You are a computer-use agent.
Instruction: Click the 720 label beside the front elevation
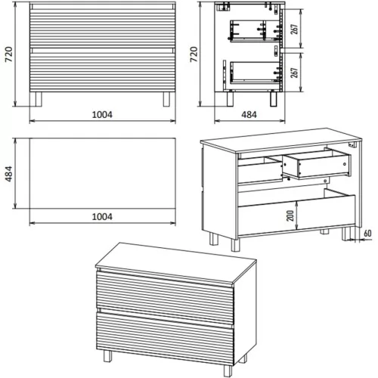(9, 54)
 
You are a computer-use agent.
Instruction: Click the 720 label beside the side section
(194, 54)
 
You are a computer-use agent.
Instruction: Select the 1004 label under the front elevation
(102, 115)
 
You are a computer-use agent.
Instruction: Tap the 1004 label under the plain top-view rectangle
(102, 217)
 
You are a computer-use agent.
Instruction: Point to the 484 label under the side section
(249, 115)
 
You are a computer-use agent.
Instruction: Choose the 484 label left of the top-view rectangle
(9, 174)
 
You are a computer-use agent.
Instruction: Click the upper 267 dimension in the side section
(294, 29)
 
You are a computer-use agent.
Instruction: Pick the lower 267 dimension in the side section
(294, 73)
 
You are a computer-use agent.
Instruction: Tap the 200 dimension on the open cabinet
(290, 215)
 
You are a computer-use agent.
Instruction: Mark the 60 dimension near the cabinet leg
(367, 234)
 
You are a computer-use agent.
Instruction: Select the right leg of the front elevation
(167, 99)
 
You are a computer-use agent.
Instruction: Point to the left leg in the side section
(230, 98)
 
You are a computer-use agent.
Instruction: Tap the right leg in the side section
(274, 98)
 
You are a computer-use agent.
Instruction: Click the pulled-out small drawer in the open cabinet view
(317, 164)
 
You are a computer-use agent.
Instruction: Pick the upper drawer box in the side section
(255, 31)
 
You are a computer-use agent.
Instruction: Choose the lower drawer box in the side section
(255, 73)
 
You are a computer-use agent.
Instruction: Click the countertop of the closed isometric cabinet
(176, 265)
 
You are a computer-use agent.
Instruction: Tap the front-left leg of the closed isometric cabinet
(107, 356)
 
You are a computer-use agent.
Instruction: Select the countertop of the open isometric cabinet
(281, 141)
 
